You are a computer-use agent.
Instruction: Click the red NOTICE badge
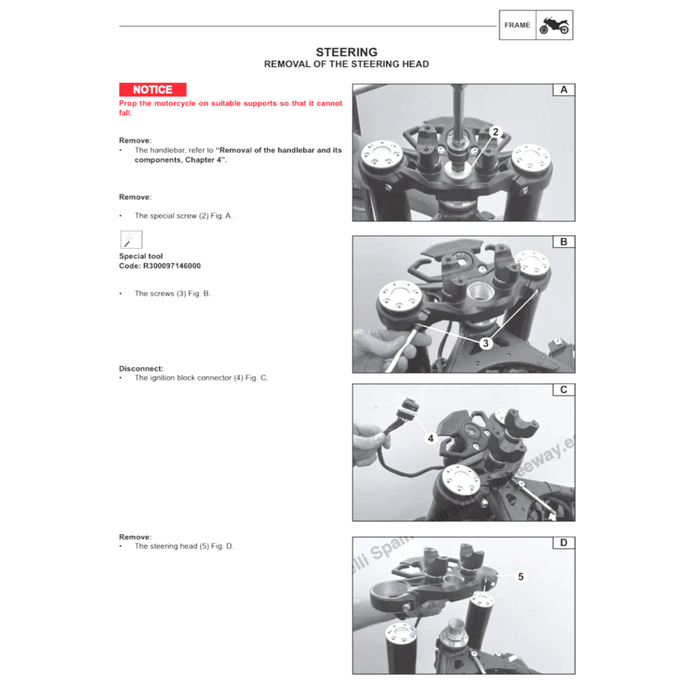coord(153,89)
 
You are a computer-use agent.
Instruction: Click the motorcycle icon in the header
coord(554,26)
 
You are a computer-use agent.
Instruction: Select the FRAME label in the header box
coord(517,26)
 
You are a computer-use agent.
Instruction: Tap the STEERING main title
coord(347,52)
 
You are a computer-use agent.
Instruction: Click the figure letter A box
coord(564,89)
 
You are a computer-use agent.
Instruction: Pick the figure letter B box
coord(564,242)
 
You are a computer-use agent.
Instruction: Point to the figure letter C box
coord(564,390)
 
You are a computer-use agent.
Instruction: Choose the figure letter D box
coord(564,542)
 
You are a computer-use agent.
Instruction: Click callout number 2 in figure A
coord(495,132)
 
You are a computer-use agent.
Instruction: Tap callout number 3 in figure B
coord(486,342)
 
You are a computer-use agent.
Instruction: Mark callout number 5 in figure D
coord(520,577)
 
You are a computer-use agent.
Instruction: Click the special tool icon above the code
coord(131,240)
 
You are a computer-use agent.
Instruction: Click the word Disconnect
coord(141,369)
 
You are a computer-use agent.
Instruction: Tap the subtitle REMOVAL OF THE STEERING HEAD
coord(347,65)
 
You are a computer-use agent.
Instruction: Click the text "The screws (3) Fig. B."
coord(172,293)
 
